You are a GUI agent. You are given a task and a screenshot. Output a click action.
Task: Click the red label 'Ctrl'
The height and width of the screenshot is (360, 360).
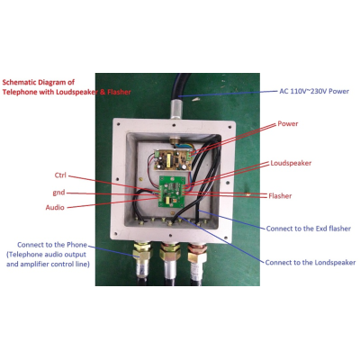[60, 175]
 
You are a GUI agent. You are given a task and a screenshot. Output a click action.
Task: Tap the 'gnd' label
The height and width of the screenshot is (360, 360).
[58, 193]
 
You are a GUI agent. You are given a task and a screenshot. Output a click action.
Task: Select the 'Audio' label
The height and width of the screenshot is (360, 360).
[55, 207]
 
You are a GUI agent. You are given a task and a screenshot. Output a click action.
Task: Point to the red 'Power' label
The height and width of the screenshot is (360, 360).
[288, 123]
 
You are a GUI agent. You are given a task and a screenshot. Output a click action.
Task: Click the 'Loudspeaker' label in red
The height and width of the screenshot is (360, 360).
[291, 163]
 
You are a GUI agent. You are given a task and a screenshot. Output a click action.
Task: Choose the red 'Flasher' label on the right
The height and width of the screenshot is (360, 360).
[280, 196]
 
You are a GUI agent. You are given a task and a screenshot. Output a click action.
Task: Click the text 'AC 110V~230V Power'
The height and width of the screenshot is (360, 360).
[314, 91]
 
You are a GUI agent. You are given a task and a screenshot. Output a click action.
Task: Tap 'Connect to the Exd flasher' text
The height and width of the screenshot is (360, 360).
[309, 229]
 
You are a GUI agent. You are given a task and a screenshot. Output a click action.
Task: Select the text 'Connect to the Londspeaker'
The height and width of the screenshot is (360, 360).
[310, 263]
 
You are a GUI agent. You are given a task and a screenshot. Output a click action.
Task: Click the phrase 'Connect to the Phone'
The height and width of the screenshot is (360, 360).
[52, 245]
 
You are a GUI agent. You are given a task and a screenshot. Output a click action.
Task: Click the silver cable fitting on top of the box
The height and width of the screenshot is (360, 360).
[176, 110]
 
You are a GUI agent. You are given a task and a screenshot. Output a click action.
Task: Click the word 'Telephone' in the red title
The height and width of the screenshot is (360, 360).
[17, 92]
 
